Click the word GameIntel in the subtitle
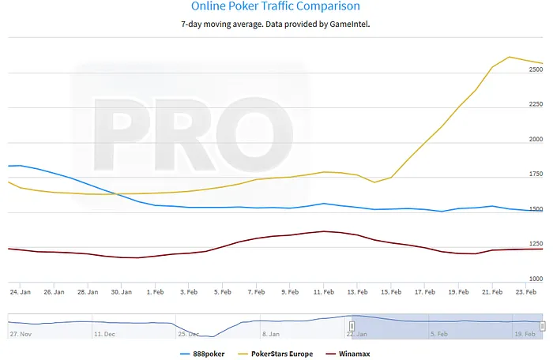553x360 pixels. (345, 24)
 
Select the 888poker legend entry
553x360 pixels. (202, 354)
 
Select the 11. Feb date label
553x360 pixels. (323, 291)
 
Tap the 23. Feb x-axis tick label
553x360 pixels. (527, 291)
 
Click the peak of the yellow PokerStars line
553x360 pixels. (510, 57)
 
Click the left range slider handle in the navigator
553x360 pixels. (352, 325)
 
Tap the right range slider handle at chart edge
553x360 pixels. (542, 325)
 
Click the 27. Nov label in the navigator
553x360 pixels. (21, 334)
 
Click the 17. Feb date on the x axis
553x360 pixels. (425, 291)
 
